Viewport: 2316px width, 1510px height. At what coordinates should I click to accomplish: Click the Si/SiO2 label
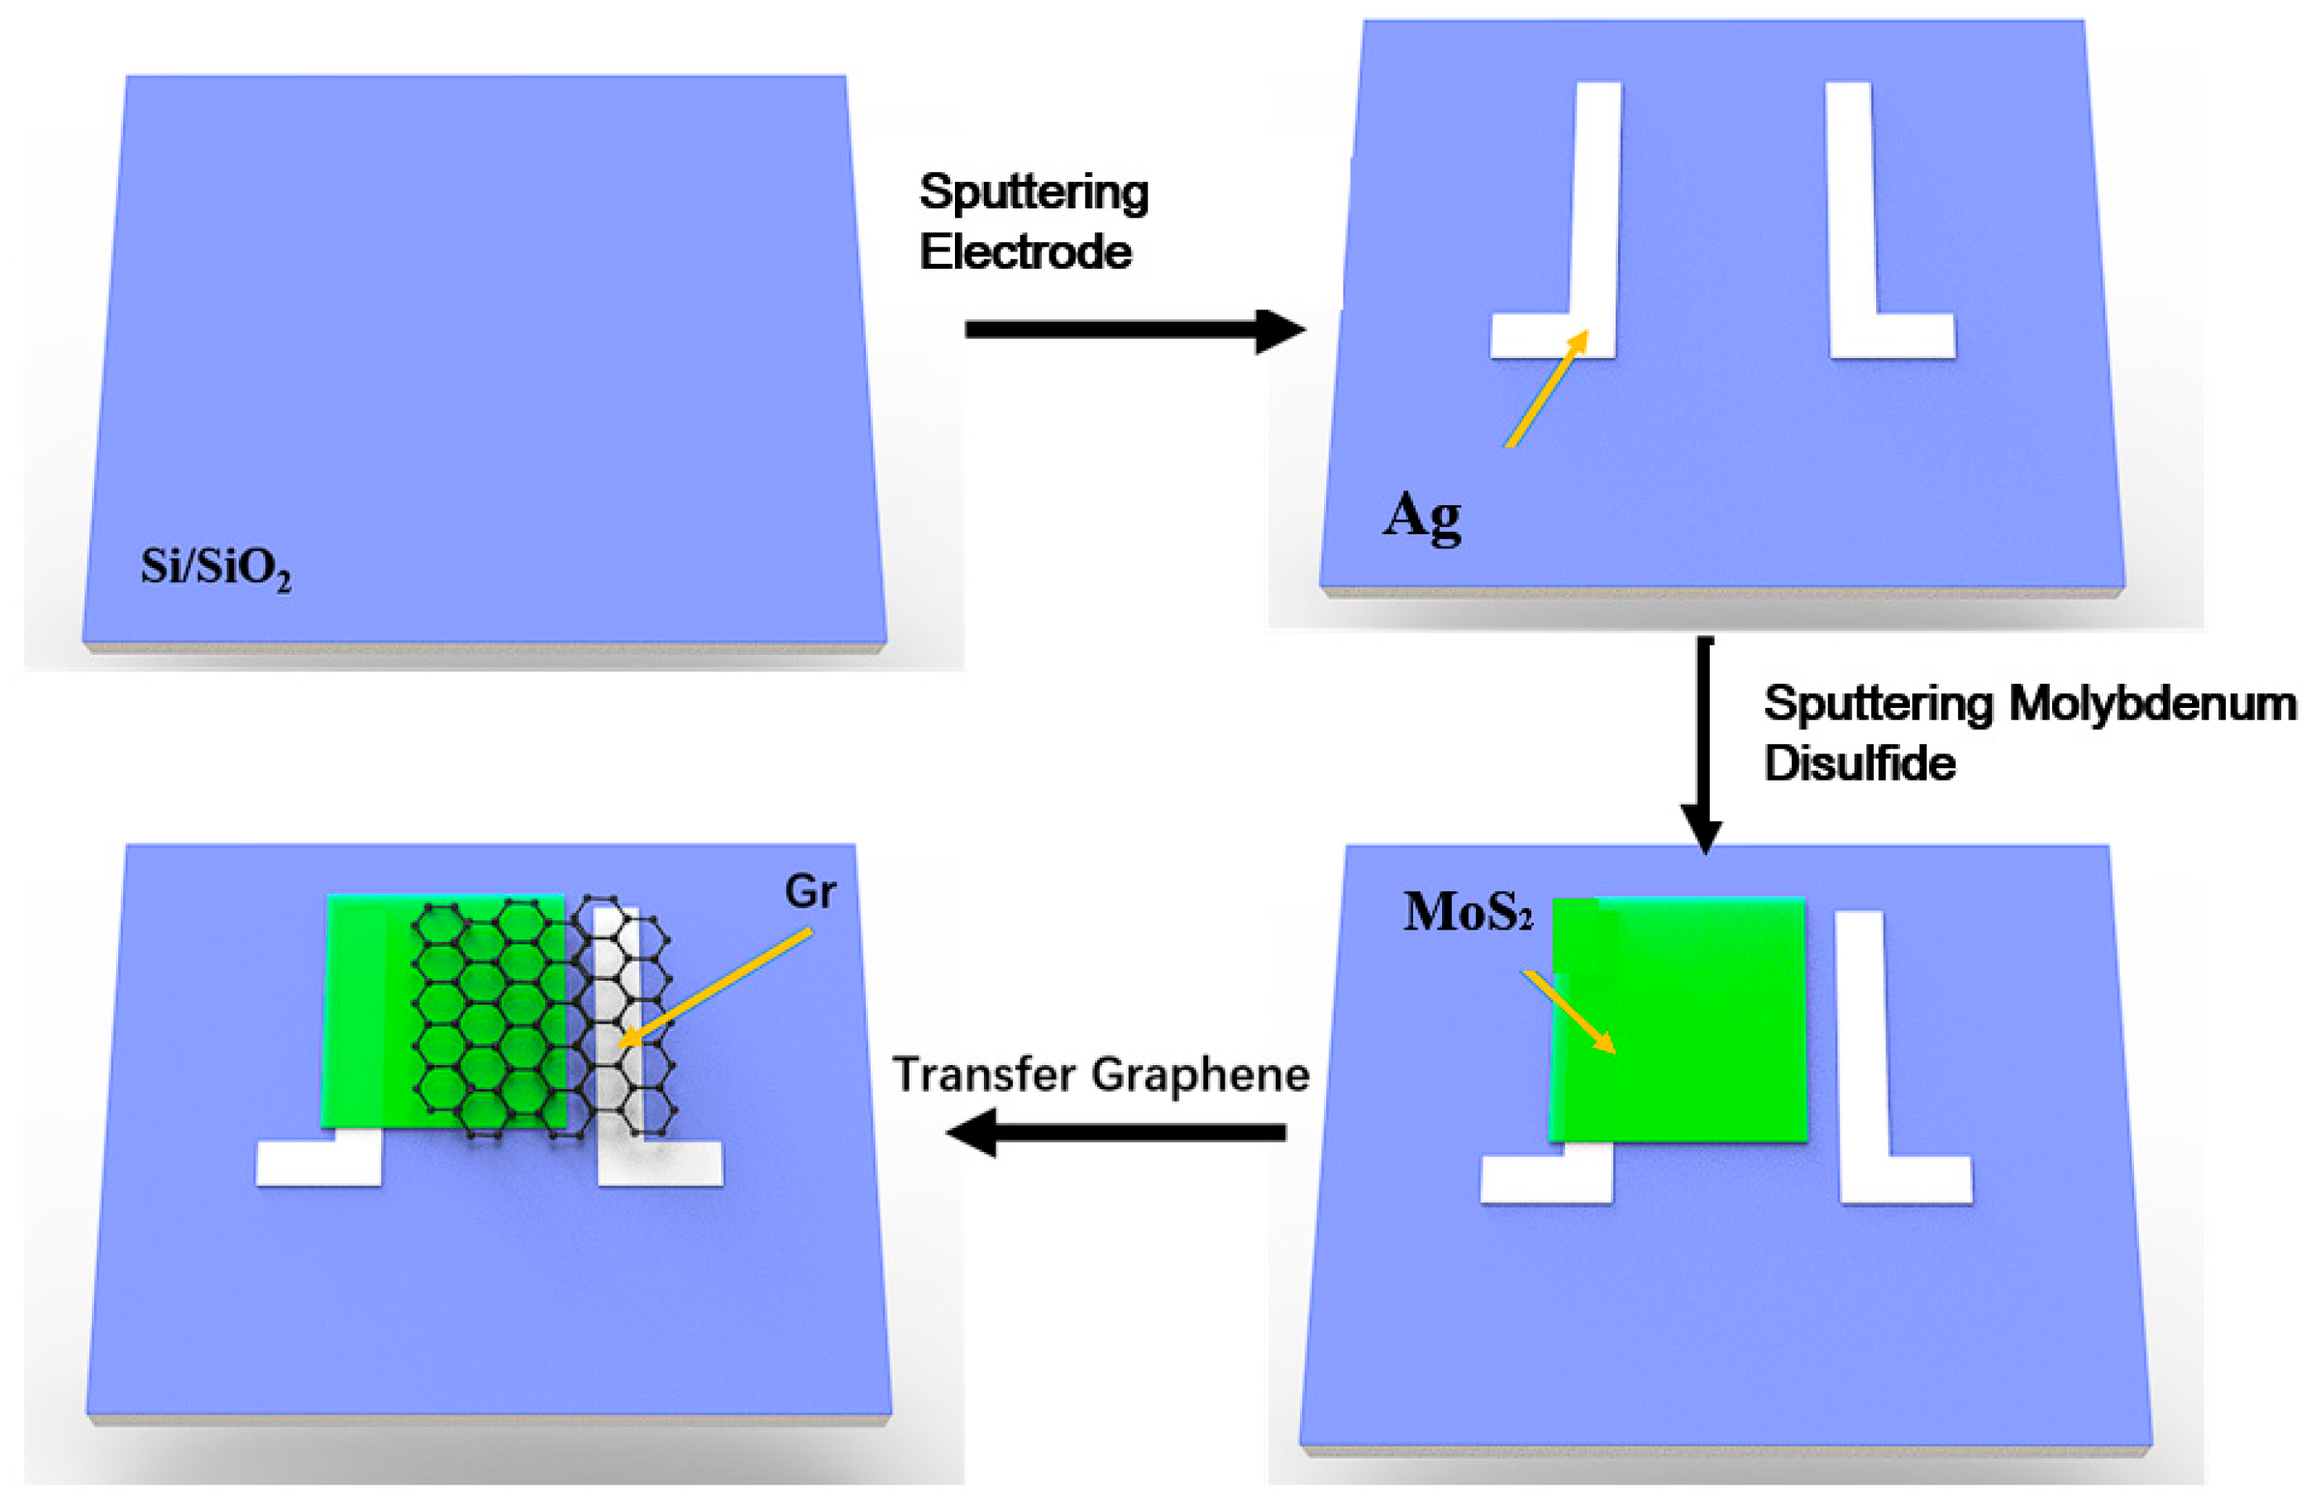coord(215,567)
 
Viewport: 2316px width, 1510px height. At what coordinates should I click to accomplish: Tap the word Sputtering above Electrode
coord(1034,192)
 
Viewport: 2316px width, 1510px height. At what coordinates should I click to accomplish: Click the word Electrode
coord(1025,253)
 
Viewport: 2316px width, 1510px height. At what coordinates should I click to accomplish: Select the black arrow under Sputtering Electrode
coord(1133,331)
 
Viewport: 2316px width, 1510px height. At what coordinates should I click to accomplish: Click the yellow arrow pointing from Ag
coord(1546,389)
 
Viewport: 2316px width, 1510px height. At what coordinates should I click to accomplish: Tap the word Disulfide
coord(1860,764)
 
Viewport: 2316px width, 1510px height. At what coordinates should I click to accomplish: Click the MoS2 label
coord(1468,913)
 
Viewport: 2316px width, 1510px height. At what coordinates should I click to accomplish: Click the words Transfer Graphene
coord(1101,1075)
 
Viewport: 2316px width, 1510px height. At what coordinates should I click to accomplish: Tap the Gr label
coord(809,892)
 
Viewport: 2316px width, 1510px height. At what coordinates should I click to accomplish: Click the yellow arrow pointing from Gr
coord(715,987)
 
